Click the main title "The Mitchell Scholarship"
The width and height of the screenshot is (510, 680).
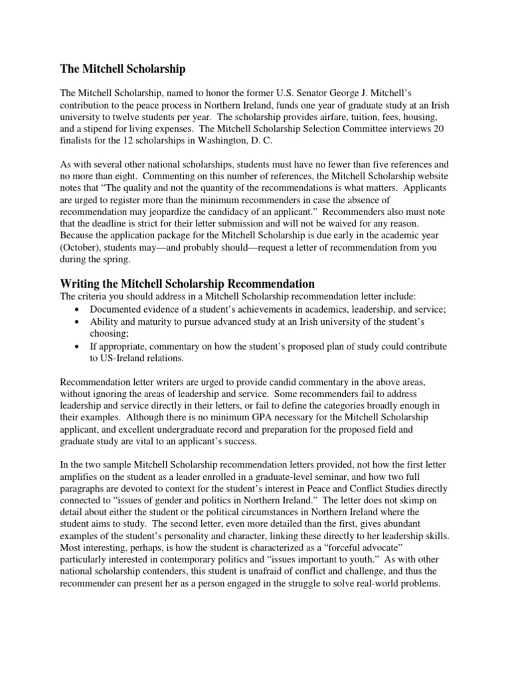123,69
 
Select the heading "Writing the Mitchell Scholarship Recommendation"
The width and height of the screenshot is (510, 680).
187,284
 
